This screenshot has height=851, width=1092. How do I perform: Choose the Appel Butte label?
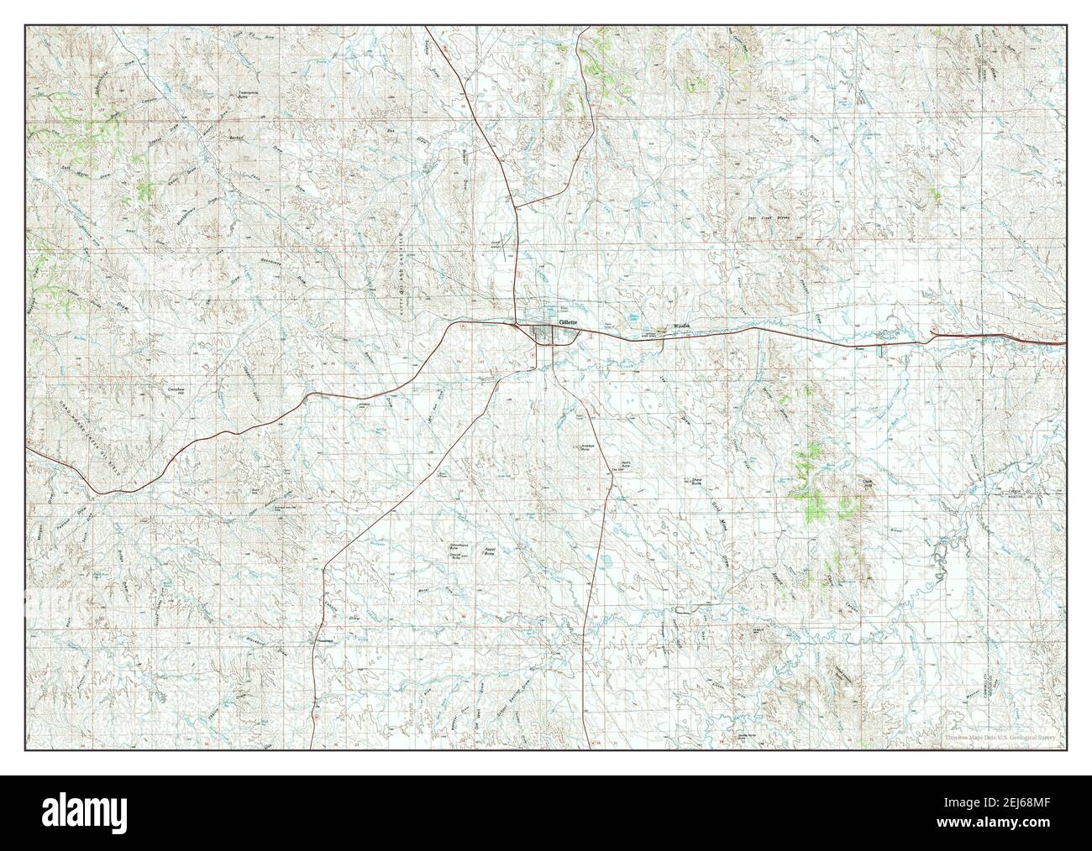click(486, 552)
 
